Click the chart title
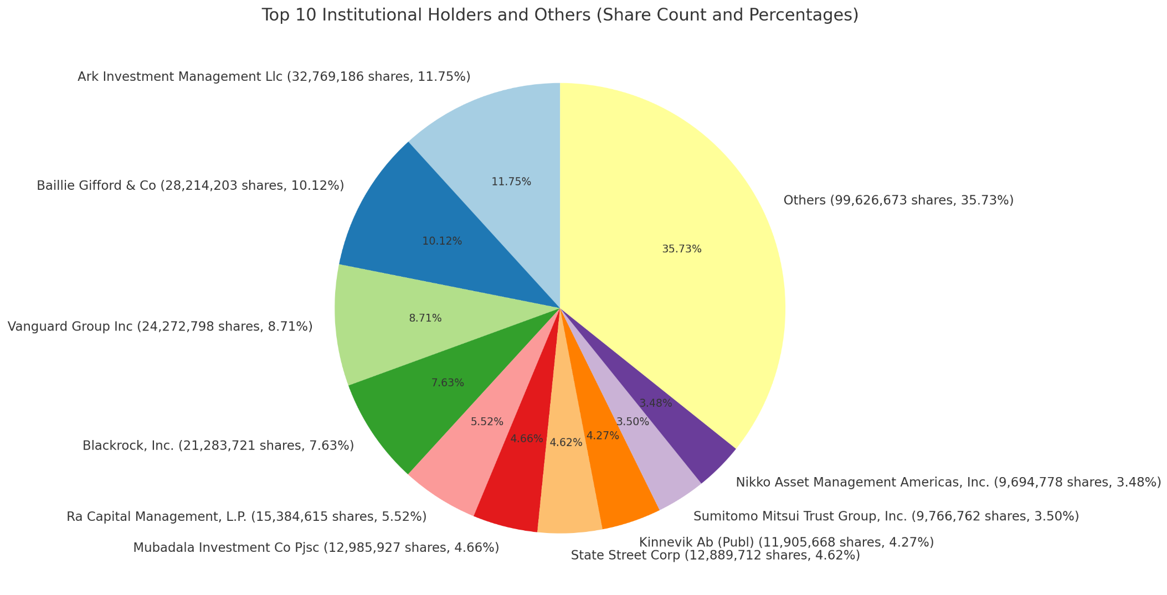559,15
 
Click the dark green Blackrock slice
421,410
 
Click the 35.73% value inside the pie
682,249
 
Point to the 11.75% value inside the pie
511,182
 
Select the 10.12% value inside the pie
442,241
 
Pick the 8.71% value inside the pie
425,318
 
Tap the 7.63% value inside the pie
448,382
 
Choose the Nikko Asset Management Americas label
948,483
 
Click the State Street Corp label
715,555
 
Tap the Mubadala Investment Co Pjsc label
316,548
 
